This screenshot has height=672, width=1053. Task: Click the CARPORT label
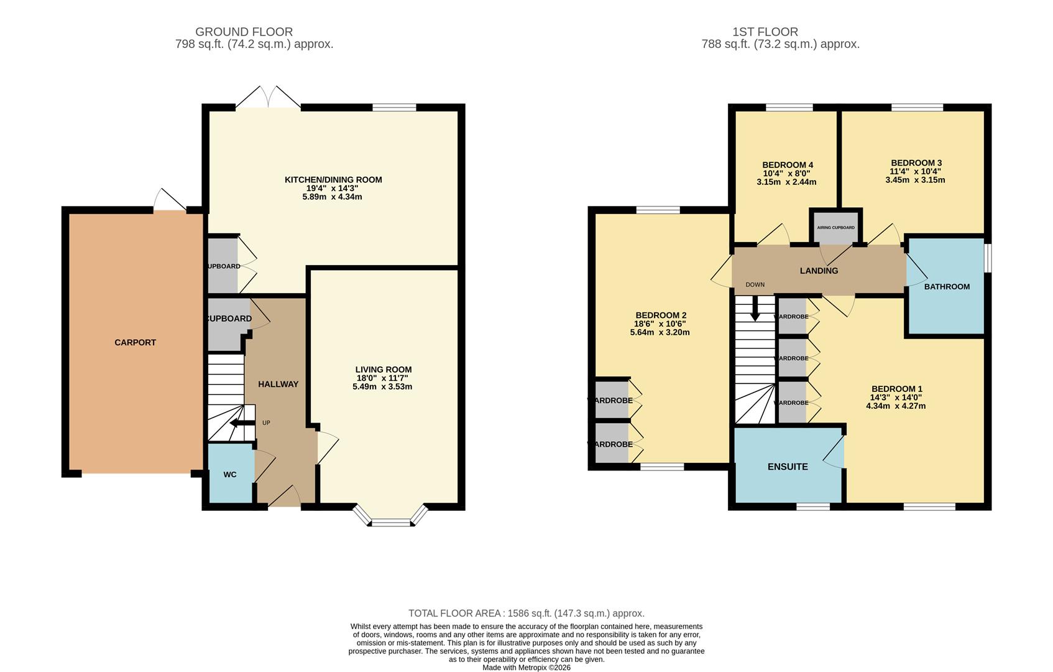pyautogui.click(x=135, y=342)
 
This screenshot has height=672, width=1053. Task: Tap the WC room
pyautogui.click(x=230, y=474)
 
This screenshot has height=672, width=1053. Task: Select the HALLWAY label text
pyautogui.click(x=278, y=384)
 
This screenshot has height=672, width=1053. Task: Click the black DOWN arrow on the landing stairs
pyautogui.click(x=755, y=309)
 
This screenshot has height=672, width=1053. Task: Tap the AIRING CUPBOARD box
pyautogui.click(x=835, y=227)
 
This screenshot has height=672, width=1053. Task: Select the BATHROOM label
pyautogui.click(x=947, y=287)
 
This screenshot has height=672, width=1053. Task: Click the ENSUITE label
pyautogui.click(x=788, y=467)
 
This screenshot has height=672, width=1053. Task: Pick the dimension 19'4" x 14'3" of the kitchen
pyautogui.click(x=332, y=188)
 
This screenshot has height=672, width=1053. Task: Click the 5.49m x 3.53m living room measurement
pyautogui.click(x=383, y=386)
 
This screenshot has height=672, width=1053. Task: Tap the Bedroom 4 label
pyautogui.click(x=787, y=165)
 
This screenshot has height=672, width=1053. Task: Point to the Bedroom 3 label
pyautogui.click(x=916, y=163)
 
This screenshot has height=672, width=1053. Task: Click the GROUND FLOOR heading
pyautogui.click(x=244, y=32)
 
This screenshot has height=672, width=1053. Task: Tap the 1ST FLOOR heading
pyautogui.click(x=765, y=32)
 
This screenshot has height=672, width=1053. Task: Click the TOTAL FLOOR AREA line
pyautogui.click(x=526, y=614)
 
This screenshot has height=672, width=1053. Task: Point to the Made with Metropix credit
pyautogui.click(x=526, y=668)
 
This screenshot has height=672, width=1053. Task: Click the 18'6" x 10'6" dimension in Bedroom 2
pyautogui.click(x=660, y=324)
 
